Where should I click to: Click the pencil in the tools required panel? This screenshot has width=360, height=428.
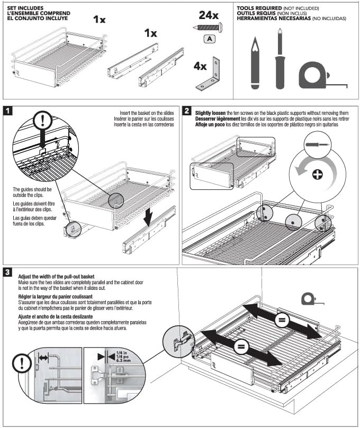[255, 63]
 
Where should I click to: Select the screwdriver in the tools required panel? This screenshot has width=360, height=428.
[280, 59]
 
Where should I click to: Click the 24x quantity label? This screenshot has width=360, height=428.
[209, 15]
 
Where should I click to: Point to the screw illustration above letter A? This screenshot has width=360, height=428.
[208, 28]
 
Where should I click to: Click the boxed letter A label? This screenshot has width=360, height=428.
[210, 39]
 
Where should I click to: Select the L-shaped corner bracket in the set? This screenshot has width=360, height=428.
[209, 74]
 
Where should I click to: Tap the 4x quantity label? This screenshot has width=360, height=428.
[200, 66]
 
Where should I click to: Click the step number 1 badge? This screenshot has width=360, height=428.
[8, 111]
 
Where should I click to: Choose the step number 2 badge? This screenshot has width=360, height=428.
[187, 111]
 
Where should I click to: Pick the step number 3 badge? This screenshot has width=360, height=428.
[8, 272]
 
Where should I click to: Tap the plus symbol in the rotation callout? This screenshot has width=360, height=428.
[317, 174]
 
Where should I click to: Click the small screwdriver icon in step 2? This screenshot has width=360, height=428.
[318, 144]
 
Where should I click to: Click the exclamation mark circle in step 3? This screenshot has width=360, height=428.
[22, 363]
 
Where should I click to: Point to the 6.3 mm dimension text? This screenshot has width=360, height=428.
[123, 361]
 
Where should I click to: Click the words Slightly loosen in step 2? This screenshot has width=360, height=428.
[210, 113]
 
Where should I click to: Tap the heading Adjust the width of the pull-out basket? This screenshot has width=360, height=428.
[56, 277]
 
